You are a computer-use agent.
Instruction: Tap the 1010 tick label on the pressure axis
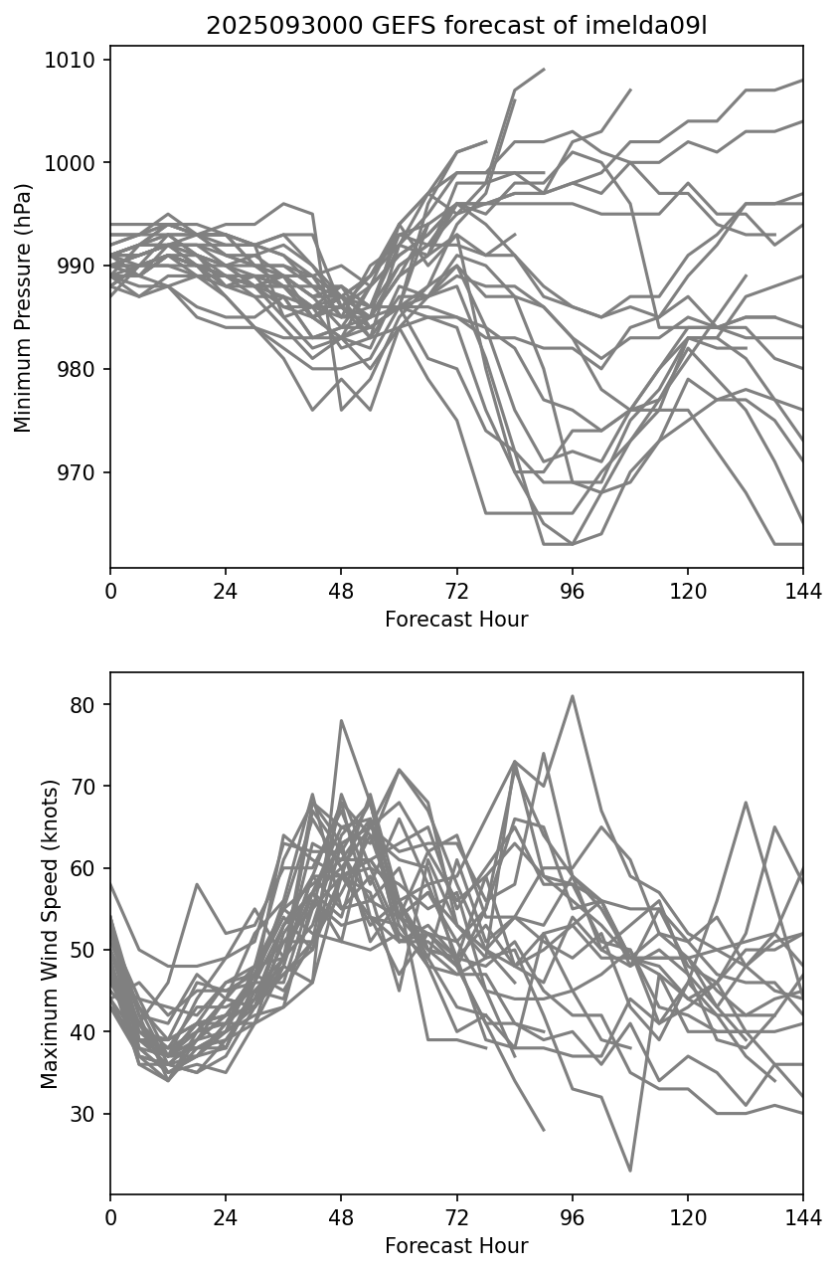pyautogui.click(x=75, y=60)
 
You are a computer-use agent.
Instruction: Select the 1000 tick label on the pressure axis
pyautogui.click(x=75, y=163)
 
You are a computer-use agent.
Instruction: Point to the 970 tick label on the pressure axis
pyautogui.click(x=79, y=472)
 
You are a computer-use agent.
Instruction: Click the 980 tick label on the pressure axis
pyautogui.click(x=79, y=369)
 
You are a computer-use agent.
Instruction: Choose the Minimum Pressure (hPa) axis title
pyautogui.click(x=23, y=306)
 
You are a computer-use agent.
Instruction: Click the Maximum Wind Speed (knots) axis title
pyautogui.click(x=50, y=933)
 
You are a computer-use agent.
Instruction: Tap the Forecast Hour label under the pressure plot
pyautogui.click(x=456, y=620)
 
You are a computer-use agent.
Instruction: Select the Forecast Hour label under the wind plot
pyautogui.click(x=456, y=1246)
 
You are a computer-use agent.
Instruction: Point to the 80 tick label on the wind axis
pyautogui.click(x=86, y=705)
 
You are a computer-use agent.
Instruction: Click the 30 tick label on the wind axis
pyautogui.click(x=86, y=1114)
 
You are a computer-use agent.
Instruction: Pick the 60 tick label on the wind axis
pyautogui.click(x=86, y=868)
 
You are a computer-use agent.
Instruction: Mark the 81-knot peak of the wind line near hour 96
pyautogui.click(x=573, y=696)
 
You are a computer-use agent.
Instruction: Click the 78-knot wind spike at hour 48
pyautogui.click(x=341, y=720)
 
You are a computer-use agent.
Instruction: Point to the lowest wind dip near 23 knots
pyautogui.click(x=630, y=1170)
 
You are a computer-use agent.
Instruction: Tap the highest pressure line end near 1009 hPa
pyautogui.click(x=544, y=70)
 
